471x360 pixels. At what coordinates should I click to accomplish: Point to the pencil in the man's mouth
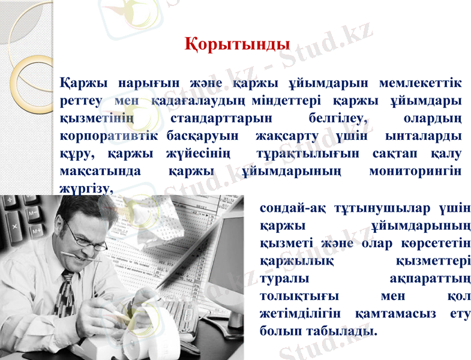coord(80,259)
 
